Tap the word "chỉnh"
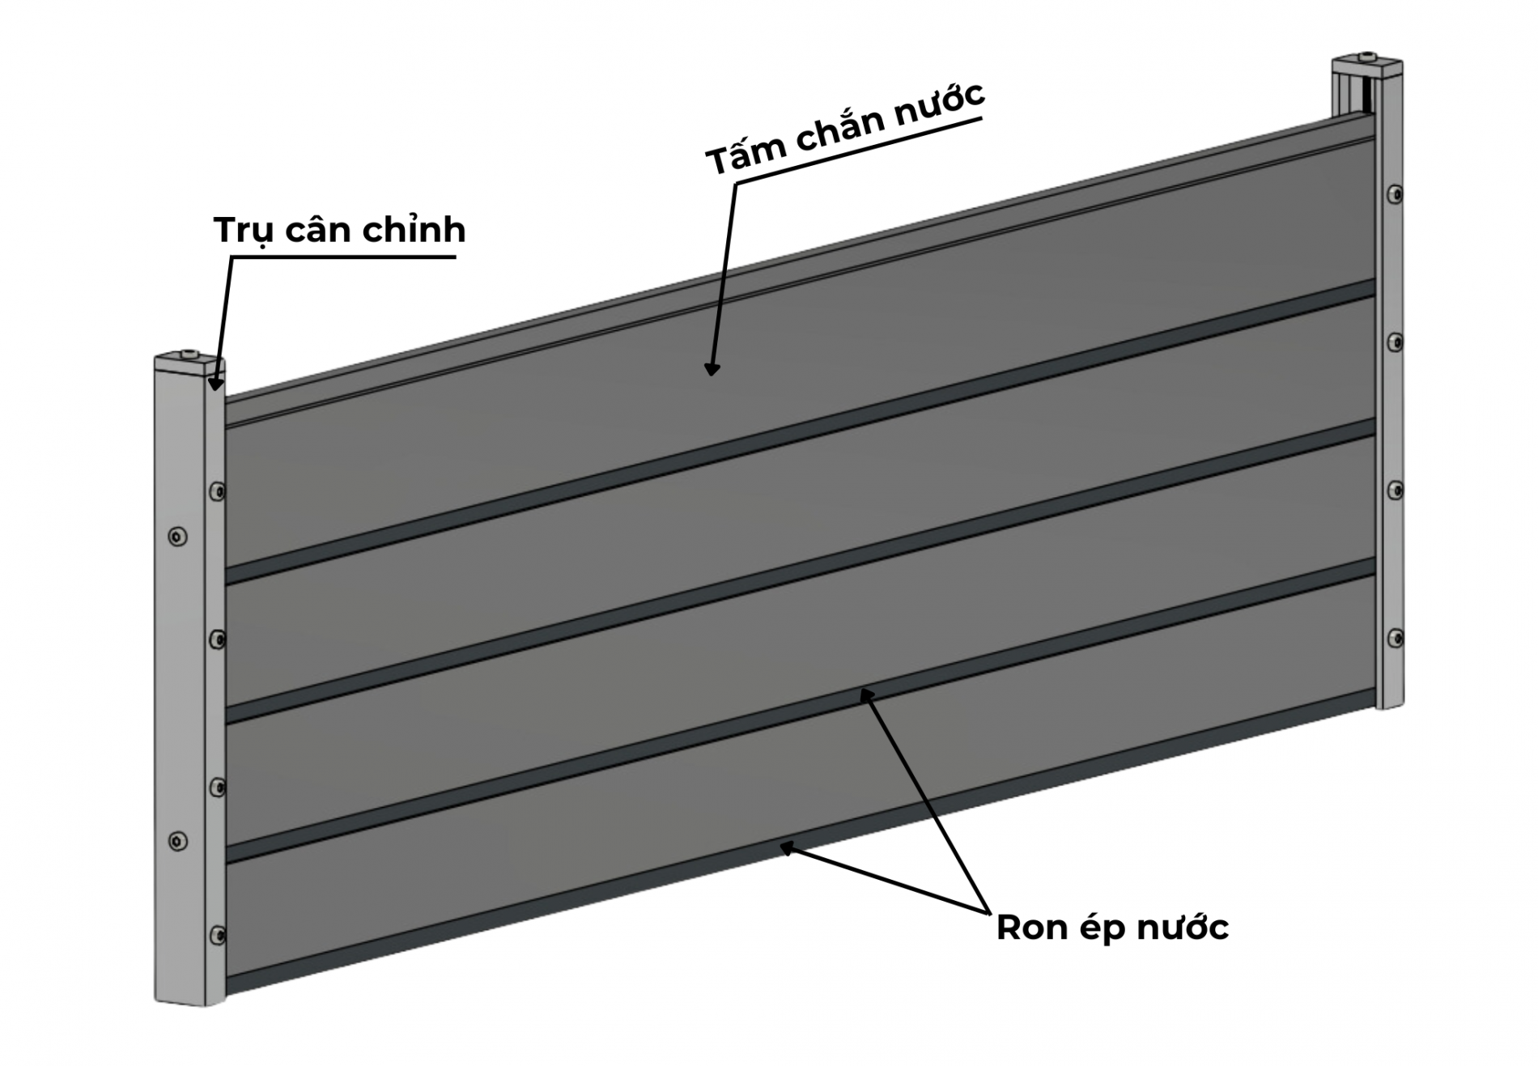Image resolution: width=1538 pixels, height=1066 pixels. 414,231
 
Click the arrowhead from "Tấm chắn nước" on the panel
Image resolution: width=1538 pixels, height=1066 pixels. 712,369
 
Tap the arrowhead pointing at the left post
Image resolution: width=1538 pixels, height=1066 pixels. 215,383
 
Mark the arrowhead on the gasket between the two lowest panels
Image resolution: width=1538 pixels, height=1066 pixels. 867,694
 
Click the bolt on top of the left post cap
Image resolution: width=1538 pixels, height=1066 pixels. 189,354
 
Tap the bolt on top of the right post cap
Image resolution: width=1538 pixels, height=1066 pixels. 1367,57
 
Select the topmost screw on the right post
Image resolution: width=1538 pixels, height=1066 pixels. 1395,194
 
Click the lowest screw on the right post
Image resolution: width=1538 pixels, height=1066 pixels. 1395,639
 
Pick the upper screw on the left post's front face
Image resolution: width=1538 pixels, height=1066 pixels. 177,536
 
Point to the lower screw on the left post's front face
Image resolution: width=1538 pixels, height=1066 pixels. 177,841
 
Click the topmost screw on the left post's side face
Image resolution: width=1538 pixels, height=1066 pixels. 217,491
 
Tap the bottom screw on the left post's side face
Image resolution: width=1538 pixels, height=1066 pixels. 217,936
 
